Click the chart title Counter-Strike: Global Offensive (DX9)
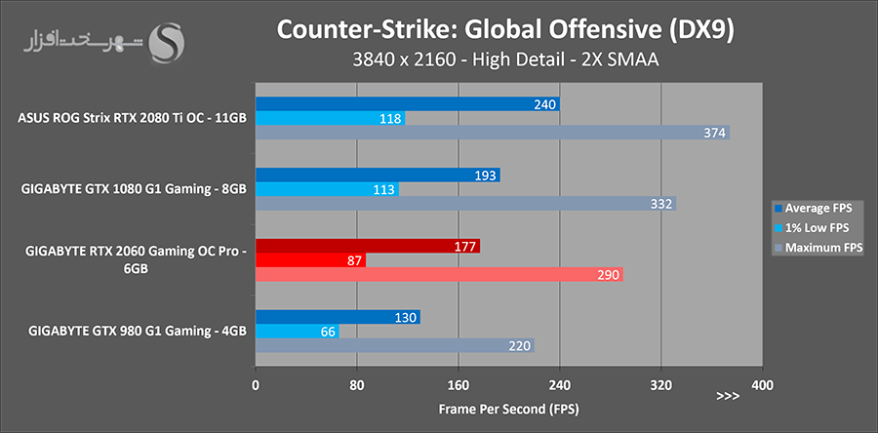coord(505,30)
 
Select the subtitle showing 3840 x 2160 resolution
coord(504,61)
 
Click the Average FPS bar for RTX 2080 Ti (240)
coord(407,103)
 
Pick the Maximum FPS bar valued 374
coord(492,133)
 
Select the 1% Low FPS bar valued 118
coord(330,118)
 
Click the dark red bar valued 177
coord(367,246)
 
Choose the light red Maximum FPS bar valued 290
coord(439,275)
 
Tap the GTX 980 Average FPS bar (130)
coord(338,317)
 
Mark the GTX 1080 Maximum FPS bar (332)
coord(465,204)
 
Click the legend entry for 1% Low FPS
coord(816,227)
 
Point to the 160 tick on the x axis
coord(459,384)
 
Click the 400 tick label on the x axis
coord(763,384)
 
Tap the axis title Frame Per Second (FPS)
coord(507,408)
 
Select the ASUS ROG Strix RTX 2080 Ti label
coord(132,119)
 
